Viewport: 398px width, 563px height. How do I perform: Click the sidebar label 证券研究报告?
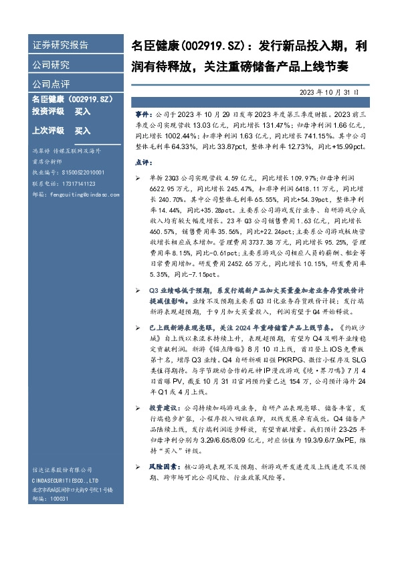60,45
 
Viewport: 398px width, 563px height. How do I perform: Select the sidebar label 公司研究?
51,65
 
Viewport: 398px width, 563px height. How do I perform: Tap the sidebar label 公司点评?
51,84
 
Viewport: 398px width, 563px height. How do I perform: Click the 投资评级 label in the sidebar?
48,112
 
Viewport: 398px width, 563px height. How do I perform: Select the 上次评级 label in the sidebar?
48,131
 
